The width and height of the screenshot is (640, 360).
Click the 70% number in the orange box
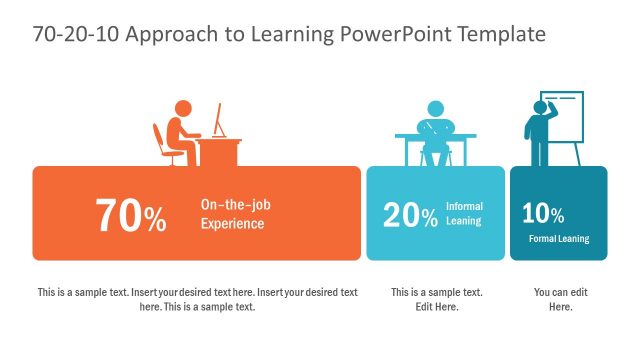[131, 215]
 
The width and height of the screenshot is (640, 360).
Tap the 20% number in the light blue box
[410, 214]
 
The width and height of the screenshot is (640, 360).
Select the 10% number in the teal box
[543, 213]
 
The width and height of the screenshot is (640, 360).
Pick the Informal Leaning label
[463, 213]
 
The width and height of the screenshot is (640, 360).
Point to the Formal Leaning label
[559, 239]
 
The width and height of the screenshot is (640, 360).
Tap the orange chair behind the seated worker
[160, 145]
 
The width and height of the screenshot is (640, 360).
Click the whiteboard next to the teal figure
[566, 118]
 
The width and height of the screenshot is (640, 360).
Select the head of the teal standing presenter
[541, 107]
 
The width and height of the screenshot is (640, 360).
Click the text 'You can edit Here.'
[559, 299]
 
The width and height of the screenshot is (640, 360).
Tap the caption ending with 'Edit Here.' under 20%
[436, 299]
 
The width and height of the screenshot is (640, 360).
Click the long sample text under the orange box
[197, 299]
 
